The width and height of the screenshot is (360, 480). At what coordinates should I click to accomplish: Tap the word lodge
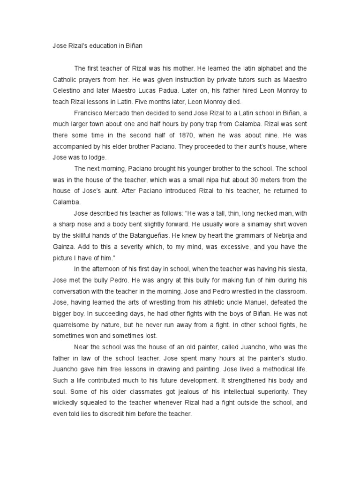tap(98, 157)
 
